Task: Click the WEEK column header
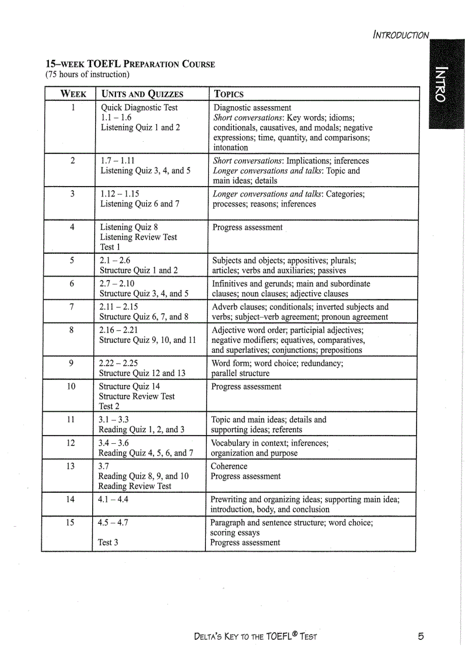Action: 73,94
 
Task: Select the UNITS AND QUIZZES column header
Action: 142,94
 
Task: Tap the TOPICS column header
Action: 229,94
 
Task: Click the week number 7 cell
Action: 72,307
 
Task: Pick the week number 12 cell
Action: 71,443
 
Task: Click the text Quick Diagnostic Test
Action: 139,108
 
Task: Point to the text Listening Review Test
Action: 138,237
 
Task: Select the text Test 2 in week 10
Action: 109,406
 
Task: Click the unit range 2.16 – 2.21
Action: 118,330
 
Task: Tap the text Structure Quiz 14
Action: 129,386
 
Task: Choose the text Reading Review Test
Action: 135,486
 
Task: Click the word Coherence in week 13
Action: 229,466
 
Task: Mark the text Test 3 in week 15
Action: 108,542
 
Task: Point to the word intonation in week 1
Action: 230,148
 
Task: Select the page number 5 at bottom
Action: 421,636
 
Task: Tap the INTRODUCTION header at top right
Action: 401,35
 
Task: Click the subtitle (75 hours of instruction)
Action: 87,74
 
